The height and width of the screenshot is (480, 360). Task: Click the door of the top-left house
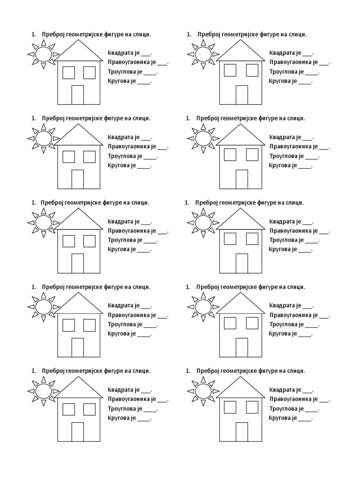click(x=77, y=95)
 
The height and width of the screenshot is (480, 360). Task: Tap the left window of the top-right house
click(x=230, y=70)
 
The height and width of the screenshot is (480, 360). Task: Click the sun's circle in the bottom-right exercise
click(x=203, y=390)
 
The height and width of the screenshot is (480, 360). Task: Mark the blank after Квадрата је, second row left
click(x=146, y=138)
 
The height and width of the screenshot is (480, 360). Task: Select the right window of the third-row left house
click(x=89, y=241)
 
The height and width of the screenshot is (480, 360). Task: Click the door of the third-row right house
click(x=241, y=263)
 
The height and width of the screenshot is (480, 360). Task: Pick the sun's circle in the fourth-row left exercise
click(x=44, y=307)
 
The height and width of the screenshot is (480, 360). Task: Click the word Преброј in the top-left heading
click(x=52, y=34)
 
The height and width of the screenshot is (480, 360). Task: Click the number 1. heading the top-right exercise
click(x=189, y=34)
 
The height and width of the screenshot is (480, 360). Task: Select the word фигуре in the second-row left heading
click(x=111, y=118)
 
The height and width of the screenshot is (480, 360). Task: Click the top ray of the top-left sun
click(x=44, y=43)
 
